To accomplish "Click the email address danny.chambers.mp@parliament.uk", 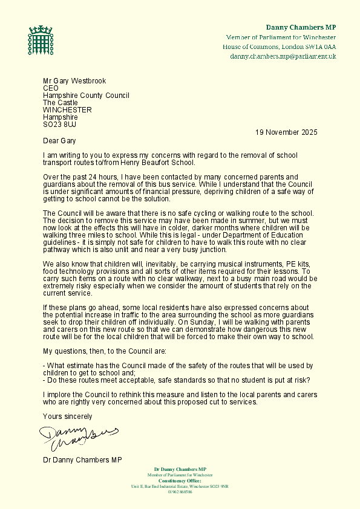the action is tap(283, 56).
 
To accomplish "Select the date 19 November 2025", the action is tap(286, 132).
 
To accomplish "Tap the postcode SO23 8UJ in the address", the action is tap(60, 125).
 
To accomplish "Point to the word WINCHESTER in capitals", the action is tap(67, 110).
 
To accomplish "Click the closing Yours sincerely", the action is tap(67, 417).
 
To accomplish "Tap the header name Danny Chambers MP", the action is tap(301, 28).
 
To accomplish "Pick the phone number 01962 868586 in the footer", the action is tap(180, 492).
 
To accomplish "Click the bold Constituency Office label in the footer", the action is tap(180, 481).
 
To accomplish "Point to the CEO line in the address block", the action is tap(50, 88).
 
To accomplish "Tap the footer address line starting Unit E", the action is tap(180, 487).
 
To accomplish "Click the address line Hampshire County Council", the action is tap(86, 96).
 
